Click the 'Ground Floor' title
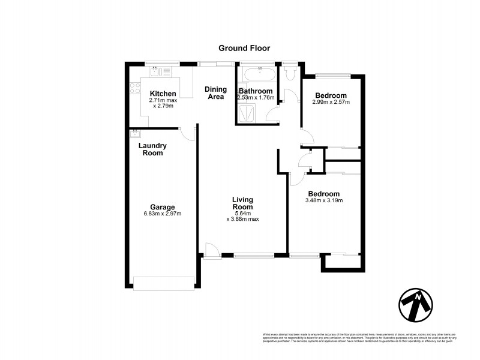click(x=244, y=47)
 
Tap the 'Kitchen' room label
click(x=163, y=94)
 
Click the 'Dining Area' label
click(x=216, y=93)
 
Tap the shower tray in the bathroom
click(x=247, y=112)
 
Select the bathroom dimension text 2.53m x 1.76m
click(x=256, y=98)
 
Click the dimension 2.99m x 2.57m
click(x=331, y=102)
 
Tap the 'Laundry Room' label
click(x=152, y=149)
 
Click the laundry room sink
click(x=133, y=133)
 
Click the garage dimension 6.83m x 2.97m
click(x=163, y=214)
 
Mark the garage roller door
click(x=164, y=283)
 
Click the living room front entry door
click(x=210, y=251)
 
